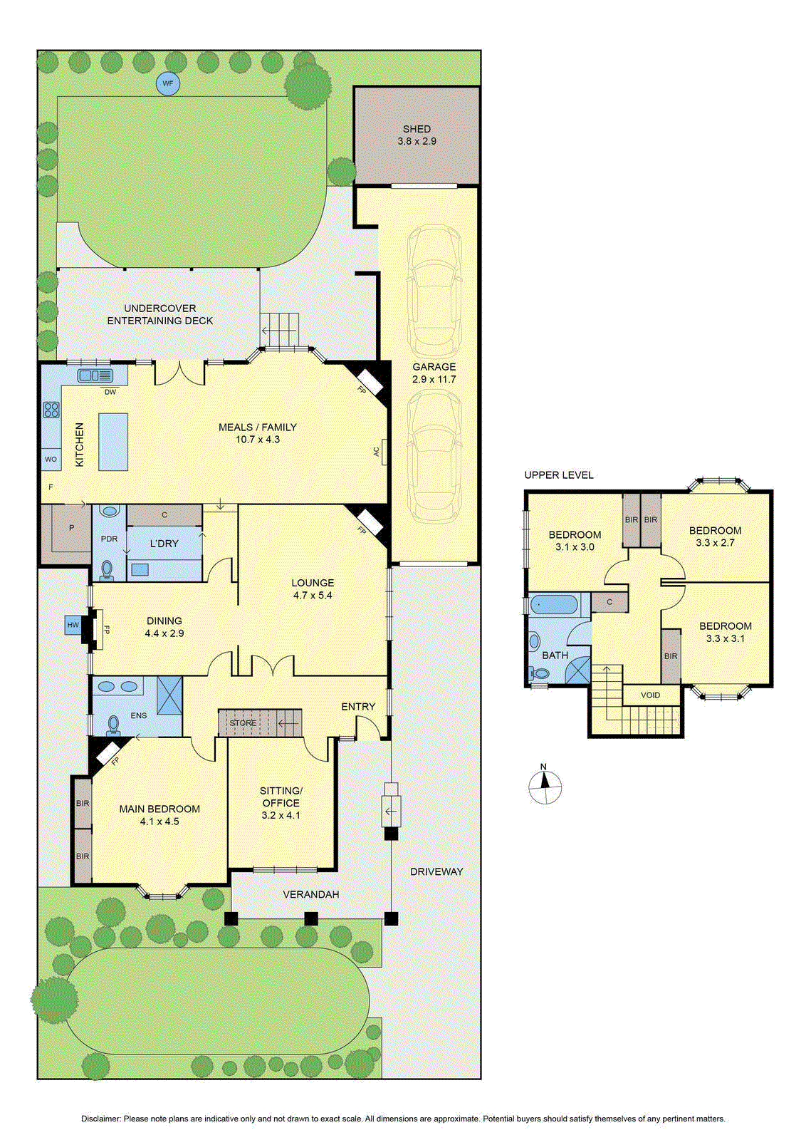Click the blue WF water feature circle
click(x=168, y=83)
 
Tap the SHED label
click(x=417, y=129)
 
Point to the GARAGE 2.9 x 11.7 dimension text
click(x=434, y=379)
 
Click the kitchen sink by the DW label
click(x=95, y=375)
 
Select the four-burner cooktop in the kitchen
click(x=51, y=410)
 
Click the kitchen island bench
click(x=113, y=441)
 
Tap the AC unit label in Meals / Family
click(x=377, y=452)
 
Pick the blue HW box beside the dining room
click(x=73, y=625)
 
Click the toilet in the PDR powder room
click(x=108, y=570)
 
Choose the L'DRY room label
click(x=164, y=544)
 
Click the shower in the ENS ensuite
click(x=169, y=695)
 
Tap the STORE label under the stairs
click(x=243, y=722)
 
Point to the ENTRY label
click(x=358, y=706)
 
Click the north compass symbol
click(x=545, y=787)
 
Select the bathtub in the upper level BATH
click(x=554, y=606)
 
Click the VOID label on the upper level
click(x=650, y=695)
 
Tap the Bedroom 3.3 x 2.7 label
click(x=715, y=537)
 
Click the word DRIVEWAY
click(x=436, y=871)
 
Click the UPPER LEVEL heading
click(x=559, y=475)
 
